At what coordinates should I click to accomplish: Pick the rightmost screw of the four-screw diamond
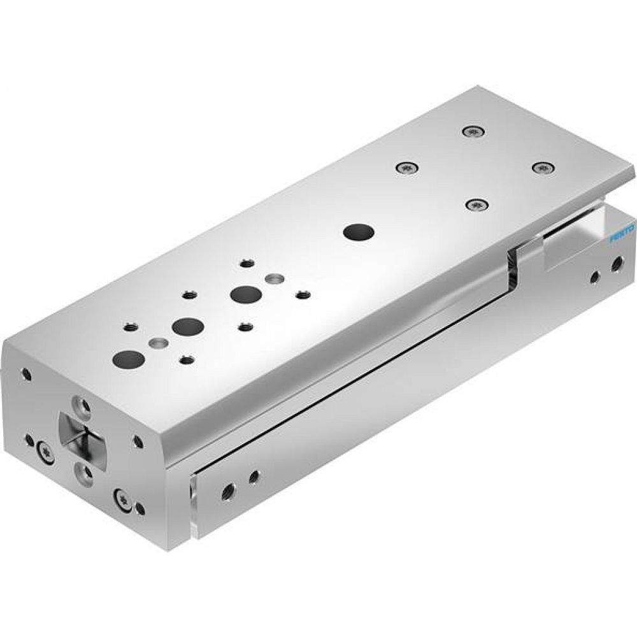point(541,167)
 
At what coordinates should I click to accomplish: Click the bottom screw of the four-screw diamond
point(474,205)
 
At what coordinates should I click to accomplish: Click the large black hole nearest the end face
point(129,358)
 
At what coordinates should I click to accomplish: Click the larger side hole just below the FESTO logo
point(616,262)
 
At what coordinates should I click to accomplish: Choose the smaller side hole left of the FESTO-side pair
point(594,276)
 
